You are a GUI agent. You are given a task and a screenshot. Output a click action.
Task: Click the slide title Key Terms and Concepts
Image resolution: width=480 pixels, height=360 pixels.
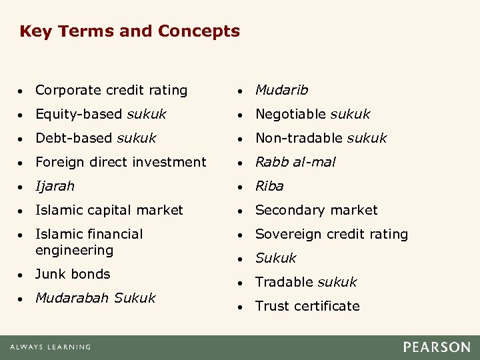click(129, 31)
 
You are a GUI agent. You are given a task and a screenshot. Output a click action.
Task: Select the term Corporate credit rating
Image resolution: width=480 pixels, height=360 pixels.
click(111, 90)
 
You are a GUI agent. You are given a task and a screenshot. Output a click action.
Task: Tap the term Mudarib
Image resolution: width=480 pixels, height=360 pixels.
click(281, 90)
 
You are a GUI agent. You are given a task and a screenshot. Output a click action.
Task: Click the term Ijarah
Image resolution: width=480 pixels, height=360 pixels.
click(55, 186)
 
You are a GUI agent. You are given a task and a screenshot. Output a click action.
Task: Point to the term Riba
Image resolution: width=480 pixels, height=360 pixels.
click(269, 186)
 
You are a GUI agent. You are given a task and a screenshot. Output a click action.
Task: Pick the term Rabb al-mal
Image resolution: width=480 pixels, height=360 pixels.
click(295, 162)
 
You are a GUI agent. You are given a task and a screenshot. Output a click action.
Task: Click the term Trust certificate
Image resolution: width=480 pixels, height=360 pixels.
click(307, 306)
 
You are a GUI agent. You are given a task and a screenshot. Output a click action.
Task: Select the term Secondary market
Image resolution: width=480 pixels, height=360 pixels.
click(316, 210)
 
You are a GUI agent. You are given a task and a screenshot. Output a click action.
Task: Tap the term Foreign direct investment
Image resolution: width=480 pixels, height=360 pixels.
click(121, 162)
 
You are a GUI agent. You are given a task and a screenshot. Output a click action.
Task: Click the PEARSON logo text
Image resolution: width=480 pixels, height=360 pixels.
click(436, 347)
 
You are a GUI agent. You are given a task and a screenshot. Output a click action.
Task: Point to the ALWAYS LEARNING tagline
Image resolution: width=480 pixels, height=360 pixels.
click(50, 347)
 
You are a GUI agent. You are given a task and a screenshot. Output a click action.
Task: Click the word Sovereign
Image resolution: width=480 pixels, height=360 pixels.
click(287, 234)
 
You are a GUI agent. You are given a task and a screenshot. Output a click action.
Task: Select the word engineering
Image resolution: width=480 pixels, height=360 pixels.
click(74, 251)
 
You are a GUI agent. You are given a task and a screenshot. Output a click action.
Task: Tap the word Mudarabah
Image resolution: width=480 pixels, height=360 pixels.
click(72, 298)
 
